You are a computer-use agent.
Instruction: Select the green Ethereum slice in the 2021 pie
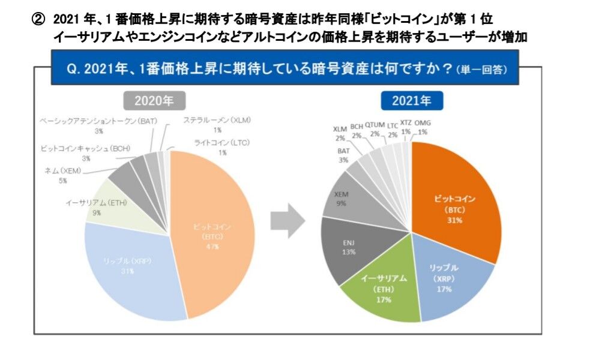point(384,288)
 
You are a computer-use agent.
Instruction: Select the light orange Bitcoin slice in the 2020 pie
point(210,234)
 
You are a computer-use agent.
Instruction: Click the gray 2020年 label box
point(148,101)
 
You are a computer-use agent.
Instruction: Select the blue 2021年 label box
point(411,101)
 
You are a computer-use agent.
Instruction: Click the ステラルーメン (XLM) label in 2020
point(217,120)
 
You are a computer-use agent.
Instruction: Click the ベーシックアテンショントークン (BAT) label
point(98,121)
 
